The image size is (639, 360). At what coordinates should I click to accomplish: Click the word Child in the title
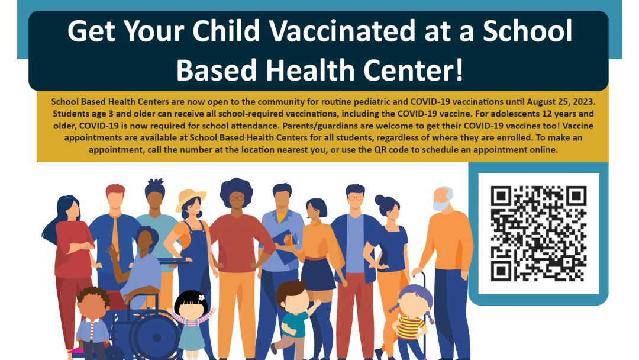[228, 31]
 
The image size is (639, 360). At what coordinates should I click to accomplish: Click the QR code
[538, 233]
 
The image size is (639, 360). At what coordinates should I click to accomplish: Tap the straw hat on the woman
[191, 198]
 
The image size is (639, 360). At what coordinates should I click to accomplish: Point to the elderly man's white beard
[440, 206]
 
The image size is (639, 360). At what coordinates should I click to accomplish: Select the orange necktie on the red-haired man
[115, 234]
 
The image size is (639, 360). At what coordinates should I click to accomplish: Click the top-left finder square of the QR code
[501, 195]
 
